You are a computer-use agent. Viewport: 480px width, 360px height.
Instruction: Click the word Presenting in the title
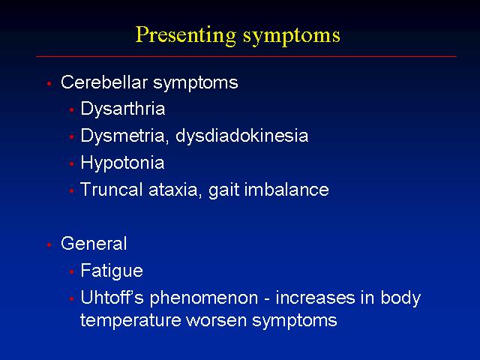tap(186, 35)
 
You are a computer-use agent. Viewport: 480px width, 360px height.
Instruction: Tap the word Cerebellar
tap(104, 82)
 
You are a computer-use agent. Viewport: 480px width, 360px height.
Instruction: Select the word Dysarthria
tap(123, 109)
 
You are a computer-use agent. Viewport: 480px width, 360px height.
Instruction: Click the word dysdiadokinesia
tap(241, 136)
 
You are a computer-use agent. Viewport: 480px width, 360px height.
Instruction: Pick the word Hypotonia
tap(122, 163)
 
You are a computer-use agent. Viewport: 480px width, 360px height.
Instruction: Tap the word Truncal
tap(112, 189)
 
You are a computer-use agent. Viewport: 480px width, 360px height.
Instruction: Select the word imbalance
tap(286, 189)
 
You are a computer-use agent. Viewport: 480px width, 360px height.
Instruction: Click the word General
tap(94, 244)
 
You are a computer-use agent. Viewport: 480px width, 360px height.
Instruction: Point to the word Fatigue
tap(112, 271)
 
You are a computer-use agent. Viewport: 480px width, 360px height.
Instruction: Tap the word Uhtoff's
tap(112, 298)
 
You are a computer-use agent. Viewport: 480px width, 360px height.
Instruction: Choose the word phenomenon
tap(204, 298)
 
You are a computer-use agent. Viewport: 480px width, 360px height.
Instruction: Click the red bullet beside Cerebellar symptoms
tap(49, 83)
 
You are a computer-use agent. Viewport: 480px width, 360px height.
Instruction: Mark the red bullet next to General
tap(49, 244)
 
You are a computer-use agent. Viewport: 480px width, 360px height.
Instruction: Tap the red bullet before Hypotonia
tap(72, 164)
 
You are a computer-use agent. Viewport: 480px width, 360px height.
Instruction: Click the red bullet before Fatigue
tap(72, 271)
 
